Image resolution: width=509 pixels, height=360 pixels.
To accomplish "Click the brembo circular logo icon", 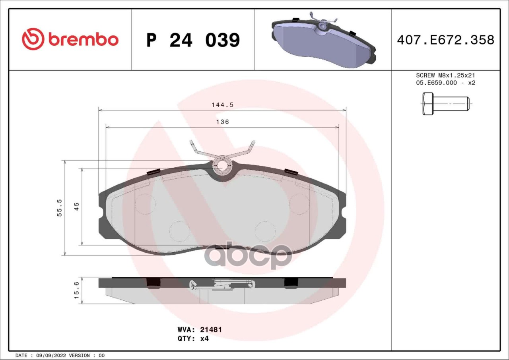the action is click(x=33, y=39).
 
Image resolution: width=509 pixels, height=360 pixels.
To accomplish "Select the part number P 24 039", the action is click(x=193, y=40).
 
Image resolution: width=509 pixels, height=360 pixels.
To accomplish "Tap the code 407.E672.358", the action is click(x=446, y=40).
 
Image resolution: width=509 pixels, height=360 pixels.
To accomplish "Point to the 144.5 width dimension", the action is click(x=222, y=105).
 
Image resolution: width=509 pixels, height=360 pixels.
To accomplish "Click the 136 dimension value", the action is click(x=222, y=122).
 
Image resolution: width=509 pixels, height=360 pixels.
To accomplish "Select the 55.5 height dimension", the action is click(x=59, y=208).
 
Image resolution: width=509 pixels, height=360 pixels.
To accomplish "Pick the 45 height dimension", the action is click(x=77, y=207).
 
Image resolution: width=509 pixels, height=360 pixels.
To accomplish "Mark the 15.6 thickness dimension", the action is click(x=77, y=290).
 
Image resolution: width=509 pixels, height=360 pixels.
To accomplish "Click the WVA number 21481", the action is click(x=211, y=329).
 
